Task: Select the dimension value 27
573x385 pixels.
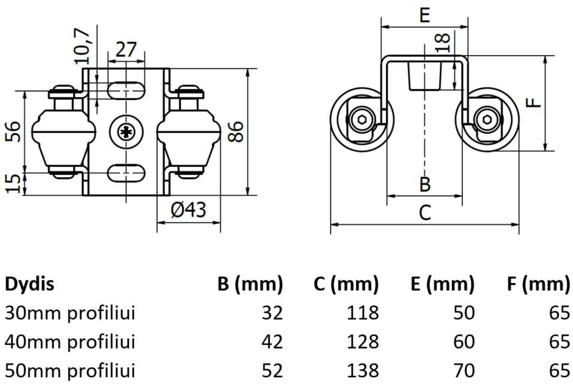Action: [x=126, y=49]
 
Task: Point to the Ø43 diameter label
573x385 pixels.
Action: [x=187, y=210]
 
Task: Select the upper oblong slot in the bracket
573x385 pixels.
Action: [x=126, y=90]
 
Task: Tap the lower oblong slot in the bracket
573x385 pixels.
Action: [x=126, y=173]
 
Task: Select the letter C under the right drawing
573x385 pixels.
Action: [x=425, y=213]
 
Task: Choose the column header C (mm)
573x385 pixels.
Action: [x=345, y=284]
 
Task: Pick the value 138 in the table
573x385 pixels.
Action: [x=362, y=370]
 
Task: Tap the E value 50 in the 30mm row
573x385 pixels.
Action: [x=463, y=313]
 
